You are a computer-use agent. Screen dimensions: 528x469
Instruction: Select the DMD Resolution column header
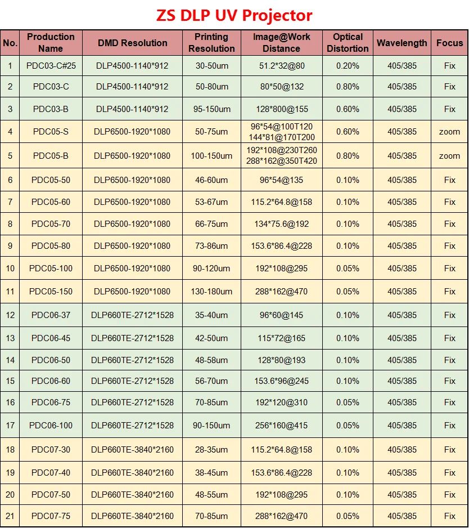pos(132,43)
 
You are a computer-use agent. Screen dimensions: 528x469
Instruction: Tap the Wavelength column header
pos(402,43)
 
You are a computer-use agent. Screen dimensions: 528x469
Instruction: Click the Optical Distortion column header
pos(348,43)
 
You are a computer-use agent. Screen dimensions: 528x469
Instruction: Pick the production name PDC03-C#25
pos(51,66)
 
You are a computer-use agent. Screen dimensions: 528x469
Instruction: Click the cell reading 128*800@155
pos(281,109)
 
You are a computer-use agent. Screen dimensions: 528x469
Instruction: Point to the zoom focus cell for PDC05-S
pos(449,132)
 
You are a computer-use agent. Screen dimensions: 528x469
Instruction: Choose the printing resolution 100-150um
pos(211,156)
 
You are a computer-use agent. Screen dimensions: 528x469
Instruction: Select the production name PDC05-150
pos(51,292)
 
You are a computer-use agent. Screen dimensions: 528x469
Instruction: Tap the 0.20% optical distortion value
pos(348,66)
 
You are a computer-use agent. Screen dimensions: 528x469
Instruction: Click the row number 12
pos(10,315)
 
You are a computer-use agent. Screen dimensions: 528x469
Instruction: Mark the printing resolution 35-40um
pos(211,315)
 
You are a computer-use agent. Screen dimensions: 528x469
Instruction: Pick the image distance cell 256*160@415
pos(281,426)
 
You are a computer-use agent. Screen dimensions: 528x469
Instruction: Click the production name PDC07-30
pos(51,450)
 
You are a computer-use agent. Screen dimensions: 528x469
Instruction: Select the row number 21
pos(10,516)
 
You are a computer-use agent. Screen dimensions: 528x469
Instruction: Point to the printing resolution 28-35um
pos(211,450)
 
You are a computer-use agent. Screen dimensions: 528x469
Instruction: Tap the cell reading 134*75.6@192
pos(281,224)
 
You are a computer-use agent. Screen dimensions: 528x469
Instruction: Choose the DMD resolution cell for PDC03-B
pos(132,109)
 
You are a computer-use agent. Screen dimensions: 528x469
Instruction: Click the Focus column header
pos(449,43)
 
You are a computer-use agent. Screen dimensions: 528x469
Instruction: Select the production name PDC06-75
pos(51,402)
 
